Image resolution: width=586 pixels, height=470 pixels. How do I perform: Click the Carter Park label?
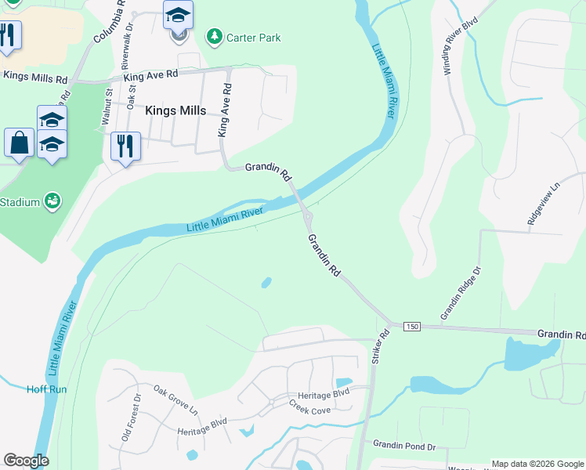click(253, 37)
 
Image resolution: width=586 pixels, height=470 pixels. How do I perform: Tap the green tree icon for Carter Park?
click(213, 36)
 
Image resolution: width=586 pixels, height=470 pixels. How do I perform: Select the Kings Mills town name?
click(175, 110)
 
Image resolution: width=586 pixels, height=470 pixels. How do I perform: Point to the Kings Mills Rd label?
click(35, 76)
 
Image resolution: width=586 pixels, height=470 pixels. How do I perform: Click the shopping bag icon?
click(18, 143)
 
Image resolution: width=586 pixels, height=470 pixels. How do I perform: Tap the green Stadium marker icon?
click(52, 202)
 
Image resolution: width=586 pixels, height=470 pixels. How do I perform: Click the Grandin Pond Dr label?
click(403, 446)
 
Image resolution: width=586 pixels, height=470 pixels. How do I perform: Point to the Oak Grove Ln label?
click(175, 399)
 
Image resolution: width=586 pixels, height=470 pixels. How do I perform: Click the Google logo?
click(26, 460)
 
